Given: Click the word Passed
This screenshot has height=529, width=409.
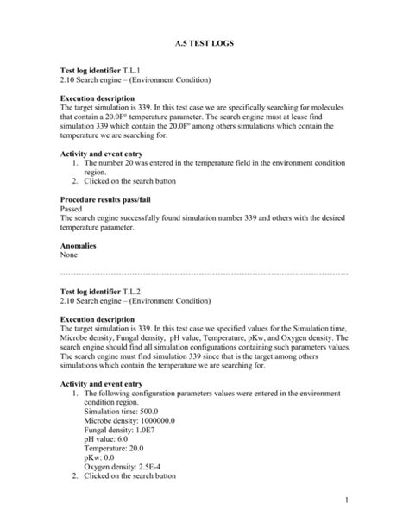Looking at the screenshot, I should click(x=72, y=209).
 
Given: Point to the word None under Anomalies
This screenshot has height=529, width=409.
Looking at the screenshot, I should click(x=68, y=255).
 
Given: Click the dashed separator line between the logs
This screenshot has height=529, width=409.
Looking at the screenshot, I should click(x=204, y=273).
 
